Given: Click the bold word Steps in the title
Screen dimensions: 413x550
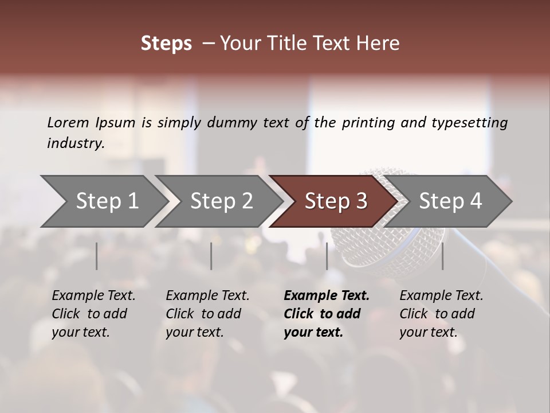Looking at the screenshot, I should point(166,44).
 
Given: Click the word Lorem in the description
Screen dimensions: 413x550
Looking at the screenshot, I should point(68,122).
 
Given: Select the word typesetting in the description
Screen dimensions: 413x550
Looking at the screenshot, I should point(469,123).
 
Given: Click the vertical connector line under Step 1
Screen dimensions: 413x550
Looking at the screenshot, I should point(97,256).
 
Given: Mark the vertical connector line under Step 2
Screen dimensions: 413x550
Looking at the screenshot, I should point(211,256).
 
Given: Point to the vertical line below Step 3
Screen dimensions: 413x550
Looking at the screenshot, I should point(327,256).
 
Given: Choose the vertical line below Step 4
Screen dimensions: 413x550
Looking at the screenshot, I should point(442,256).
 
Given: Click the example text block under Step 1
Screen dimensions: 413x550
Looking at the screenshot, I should point(93,314).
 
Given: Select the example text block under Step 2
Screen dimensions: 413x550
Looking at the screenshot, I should point(207,314).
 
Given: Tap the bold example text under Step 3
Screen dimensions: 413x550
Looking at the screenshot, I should point(327,314).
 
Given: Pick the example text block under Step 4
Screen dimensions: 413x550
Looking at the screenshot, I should point(441,314).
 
